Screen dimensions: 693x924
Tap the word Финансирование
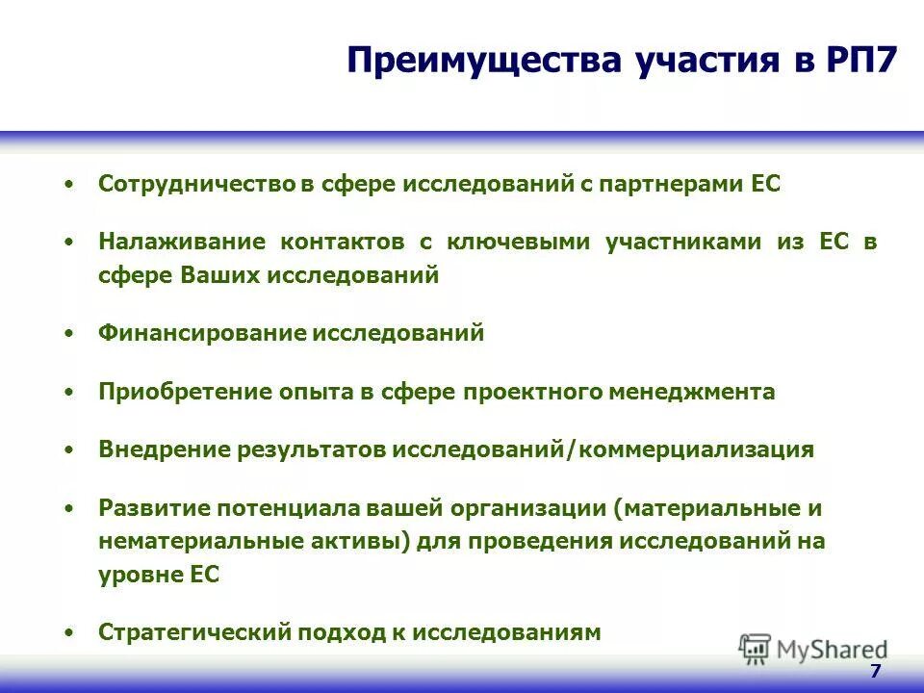[201, 333]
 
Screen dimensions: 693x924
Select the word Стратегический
[195, 632]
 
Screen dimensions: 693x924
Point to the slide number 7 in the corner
[875, 672]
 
